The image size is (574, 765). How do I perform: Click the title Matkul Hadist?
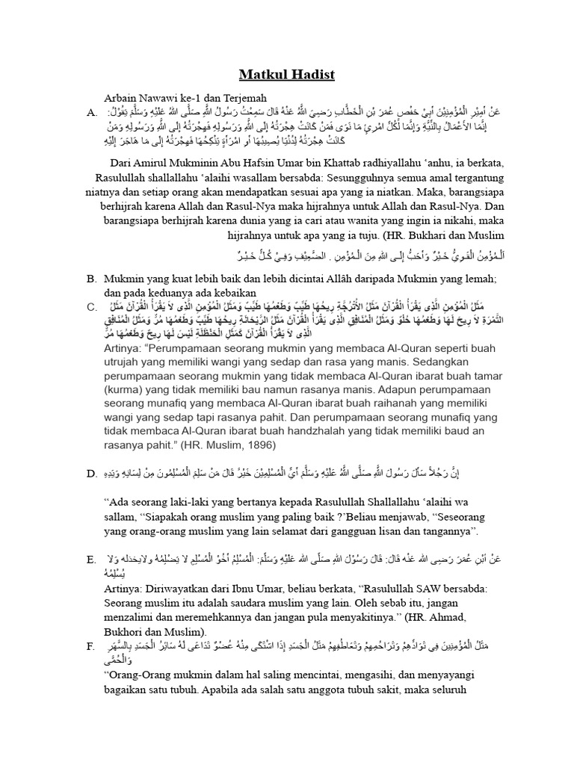tap(287, 75)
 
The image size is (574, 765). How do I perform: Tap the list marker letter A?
tap(91, 113)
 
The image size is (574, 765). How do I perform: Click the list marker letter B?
tap(91, 278)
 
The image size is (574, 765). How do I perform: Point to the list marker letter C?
tap(91, 306)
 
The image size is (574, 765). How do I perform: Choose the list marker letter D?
tap(91, 474)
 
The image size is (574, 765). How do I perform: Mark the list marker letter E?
tap(91, 560)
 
